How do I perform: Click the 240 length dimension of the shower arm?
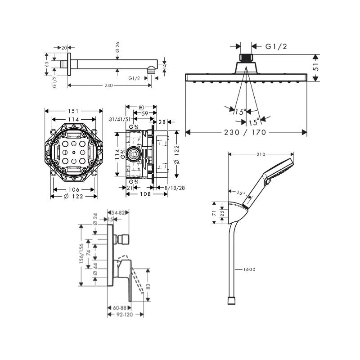point(108,85)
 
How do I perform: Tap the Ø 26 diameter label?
point(117,47)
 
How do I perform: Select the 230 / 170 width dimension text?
point(245,132)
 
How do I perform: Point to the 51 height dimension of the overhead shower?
point(316,67)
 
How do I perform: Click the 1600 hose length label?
point(249,269)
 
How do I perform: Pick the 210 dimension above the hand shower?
point(261,154)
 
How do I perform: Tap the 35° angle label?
point(241,193)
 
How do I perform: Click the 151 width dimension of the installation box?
point(73,111)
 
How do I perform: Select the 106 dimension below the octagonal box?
point(74,189)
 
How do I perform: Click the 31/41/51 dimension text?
point(120,119)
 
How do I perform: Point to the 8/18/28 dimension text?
point(175,188)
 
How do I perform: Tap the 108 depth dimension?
point(145,194)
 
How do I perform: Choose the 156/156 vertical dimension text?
point(81,253)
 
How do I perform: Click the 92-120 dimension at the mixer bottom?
point(125,315)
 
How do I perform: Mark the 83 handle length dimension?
point(148,287)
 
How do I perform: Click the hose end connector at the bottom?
point(231,301)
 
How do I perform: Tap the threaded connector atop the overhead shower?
point(246,58)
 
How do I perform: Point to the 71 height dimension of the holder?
point(214,213)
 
